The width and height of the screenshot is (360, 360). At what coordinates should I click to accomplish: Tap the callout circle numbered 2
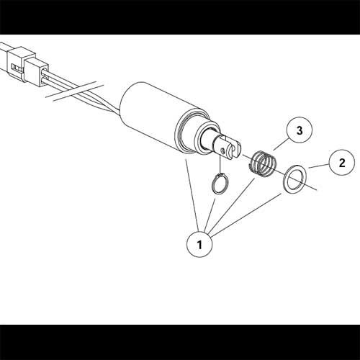click(x=340, y=161)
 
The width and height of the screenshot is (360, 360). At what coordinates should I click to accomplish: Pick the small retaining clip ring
click(x=221, y=184)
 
